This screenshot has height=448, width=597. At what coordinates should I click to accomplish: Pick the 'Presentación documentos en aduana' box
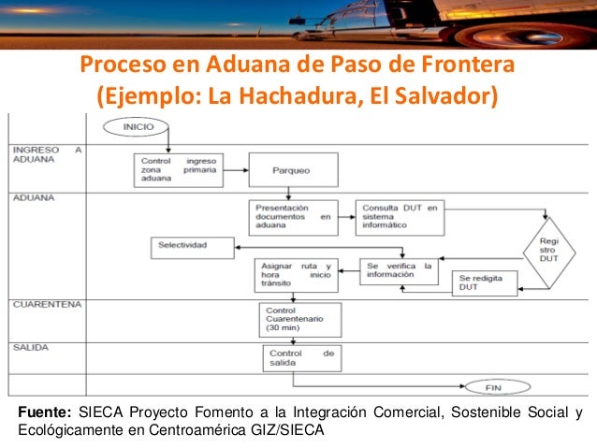click(292, 216)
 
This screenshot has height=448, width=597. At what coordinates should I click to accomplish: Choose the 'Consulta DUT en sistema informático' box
click(397, 216)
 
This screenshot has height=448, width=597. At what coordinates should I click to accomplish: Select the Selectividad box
click(191, 247)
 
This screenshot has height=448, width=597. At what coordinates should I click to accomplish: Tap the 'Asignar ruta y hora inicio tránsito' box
click(297, 273)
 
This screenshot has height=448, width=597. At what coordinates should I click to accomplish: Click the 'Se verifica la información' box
click(400, 270)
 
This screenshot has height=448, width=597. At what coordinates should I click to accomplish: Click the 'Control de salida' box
click(301, 359)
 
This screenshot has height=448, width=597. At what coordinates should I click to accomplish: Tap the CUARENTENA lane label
click(47, 305)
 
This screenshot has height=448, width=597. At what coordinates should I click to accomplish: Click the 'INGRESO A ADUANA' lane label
click(47, 154)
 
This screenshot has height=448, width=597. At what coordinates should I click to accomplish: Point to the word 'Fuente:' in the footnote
click(42, 412)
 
